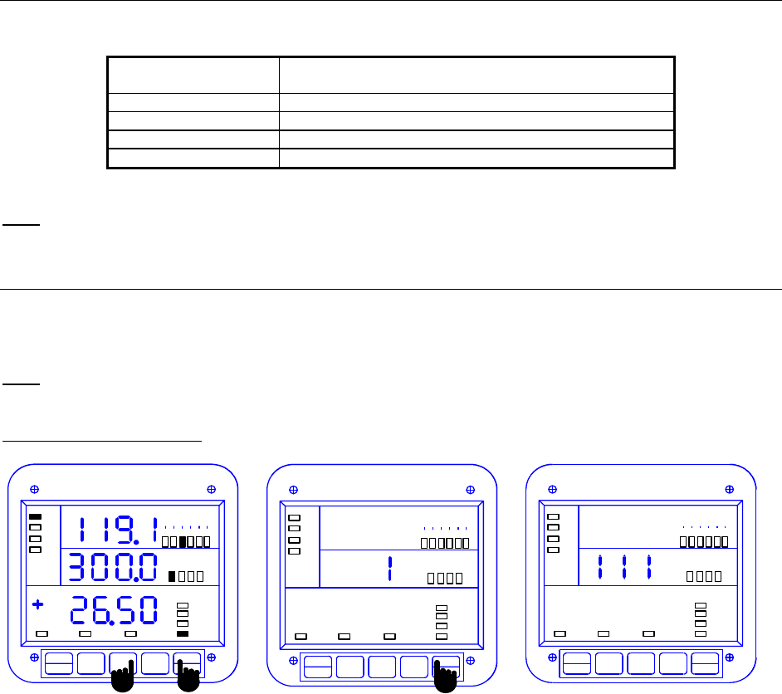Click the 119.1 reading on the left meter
118,530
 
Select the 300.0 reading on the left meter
113,567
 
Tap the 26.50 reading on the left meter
114,610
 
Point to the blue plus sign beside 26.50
37,604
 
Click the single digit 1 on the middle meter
390,569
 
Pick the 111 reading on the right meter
624,567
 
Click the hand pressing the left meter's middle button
123,677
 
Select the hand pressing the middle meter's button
445,677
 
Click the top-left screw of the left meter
34,489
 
